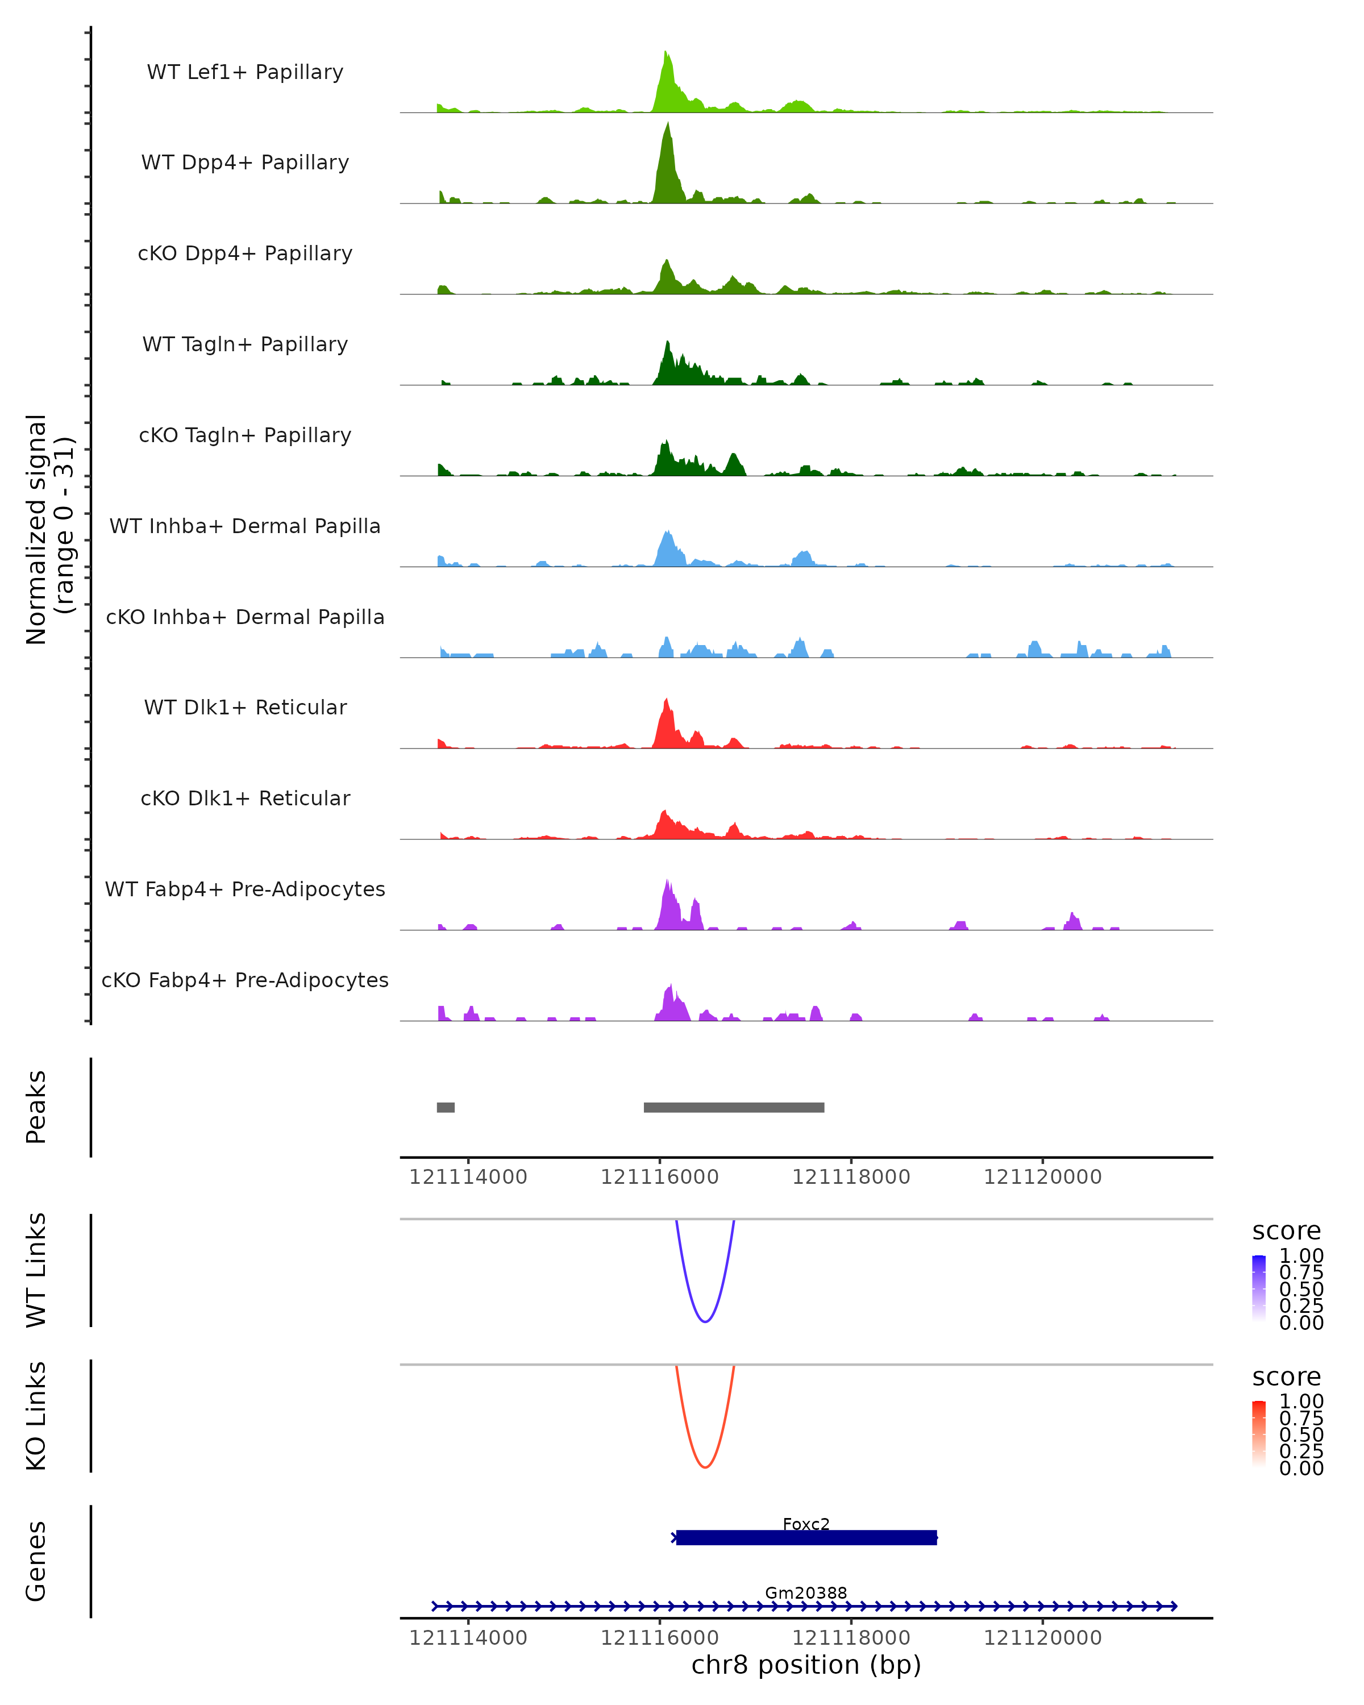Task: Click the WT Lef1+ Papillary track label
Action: [245, 72]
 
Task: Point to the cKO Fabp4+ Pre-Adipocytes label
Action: [245, 980]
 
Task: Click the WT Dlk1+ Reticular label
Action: [245, 708]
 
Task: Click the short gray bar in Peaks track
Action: [446, 1107]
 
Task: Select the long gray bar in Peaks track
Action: [734, 1107]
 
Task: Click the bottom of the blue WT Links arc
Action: [705, 1321]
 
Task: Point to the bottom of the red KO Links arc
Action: [705, 1467]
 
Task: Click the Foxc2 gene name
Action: [806, 1524]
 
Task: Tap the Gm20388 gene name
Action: [806, 1592]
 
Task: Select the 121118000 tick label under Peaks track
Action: [851, 1177]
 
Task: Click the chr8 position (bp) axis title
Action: [806, 1665]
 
